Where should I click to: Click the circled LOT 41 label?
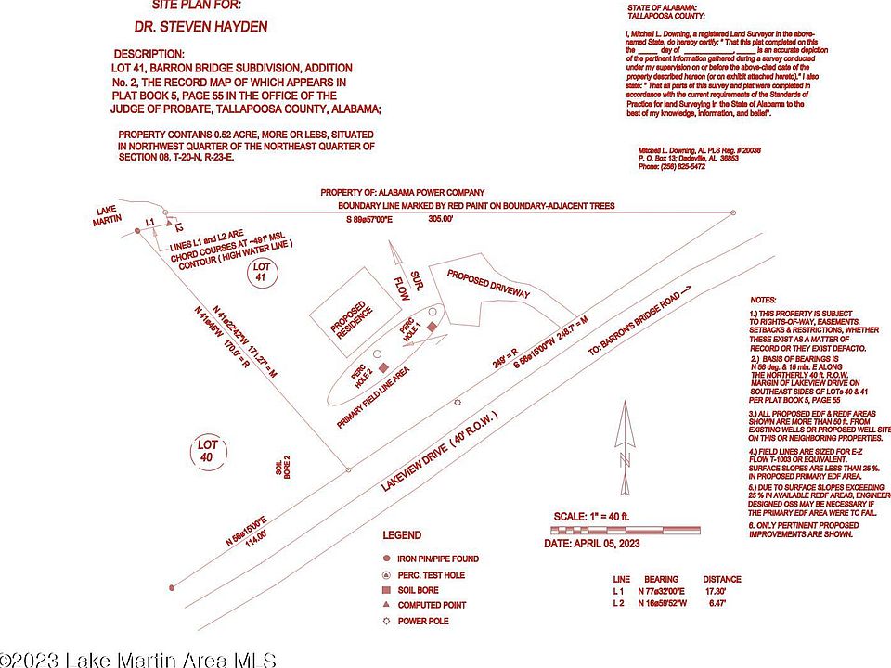[261, 272]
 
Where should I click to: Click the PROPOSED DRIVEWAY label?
[488, 284]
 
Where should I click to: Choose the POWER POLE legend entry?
[425, 620]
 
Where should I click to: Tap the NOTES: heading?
[764, 302]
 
